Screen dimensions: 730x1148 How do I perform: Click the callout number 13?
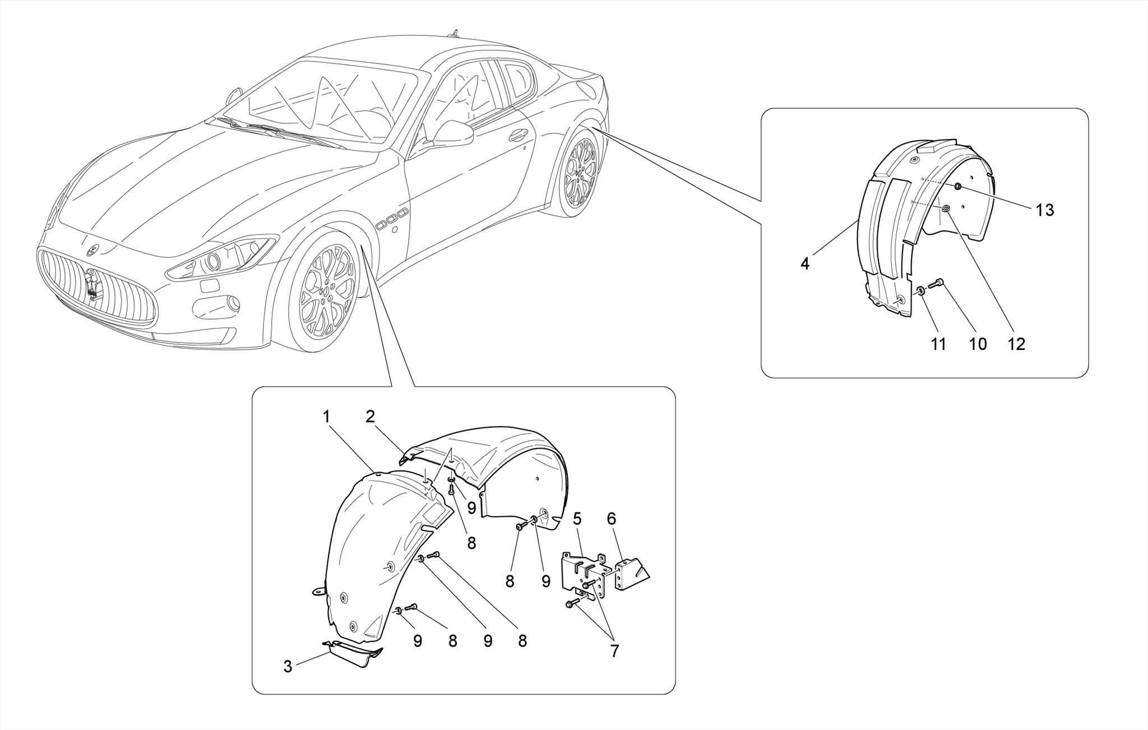pos(1045,210)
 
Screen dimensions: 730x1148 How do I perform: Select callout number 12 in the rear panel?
pos(1016,344)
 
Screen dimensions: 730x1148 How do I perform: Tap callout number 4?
pos(805,264)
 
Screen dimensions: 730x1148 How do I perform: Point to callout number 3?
pos(288,667)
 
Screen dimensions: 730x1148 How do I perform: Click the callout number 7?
pos(614,651)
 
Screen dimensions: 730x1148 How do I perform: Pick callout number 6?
pos(611,519)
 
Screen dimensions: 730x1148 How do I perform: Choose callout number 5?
pos(577,519)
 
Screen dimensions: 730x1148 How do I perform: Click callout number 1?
pos(326,417)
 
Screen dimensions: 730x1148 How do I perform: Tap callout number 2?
pos(370,417)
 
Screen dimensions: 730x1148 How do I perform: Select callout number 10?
pos(978,344)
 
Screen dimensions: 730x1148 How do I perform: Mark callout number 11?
pos(938,344)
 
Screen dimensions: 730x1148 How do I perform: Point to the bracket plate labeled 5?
pos(580,575)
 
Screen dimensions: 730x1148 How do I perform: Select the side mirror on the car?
pos(452,135)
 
